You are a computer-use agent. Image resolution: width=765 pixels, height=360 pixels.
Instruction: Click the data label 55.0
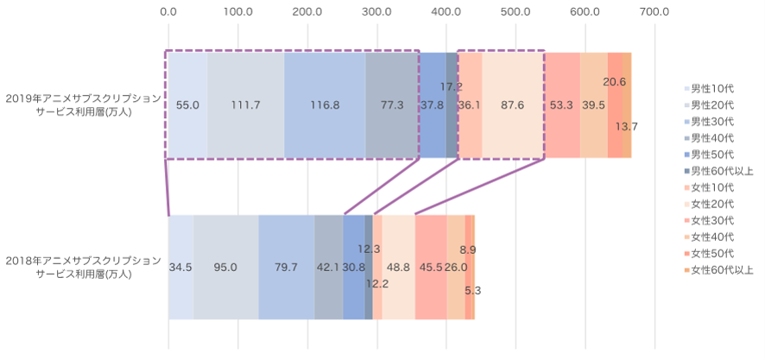pyautogui.click(x=187, y=105)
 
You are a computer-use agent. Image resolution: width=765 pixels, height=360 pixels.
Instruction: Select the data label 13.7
pyautogui.click(x=627, y=126)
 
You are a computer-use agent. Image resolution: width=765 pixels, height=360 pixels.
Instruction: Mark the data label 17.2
pyautogui.click(x=452, y=86)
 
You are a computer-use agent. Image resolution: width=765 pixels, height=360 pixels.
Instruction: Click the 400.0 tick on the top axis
pyautogui.click(x=446, y=12)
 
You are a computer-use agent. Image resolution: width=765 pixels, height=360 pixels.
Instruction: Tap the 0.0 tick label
pyautogui.click(x=168, y=12)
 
